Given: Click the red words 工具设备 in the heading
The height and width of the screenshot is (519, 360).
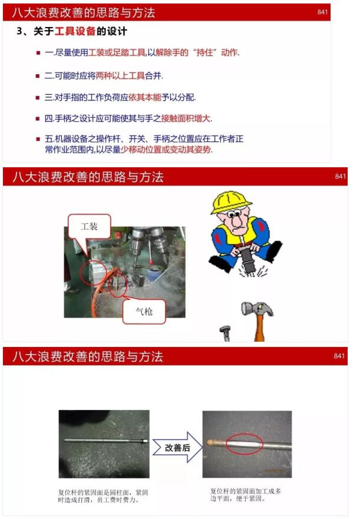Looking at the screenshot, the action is pyautogui.click(x=75, y=31).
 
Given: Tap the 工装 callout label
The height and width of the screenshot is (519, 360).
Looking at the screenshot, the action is pyautogui.click(x=89, y=227).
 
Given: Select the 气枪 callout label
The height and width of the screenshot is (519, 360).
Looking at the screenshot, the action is pyautogui.click(x=144, y=312).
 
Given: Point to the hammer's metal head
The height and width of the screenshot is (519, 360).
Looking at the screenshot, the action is pyautogui.click(x=257, y=309).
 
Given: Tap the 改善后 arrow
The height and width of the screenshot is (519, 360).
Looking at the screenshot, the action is pyautogui.click(x=177, y=447).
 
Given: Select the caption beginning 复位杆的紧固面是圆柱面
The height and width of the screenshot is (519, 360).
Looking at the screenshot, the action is pyautogui.click(x=103, y=496).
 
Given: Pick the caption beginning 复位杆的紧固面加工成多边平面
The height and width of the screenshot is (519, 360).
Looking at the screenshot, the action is pyautogui.click(x=246, y=494).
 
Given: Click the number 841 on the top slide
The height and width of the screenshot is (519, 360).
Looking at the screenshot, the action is pyautogui.click(x=322, y=12).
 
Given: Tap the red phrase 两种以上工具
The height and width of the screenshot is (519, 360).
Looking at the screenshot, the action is pyautogui.click(x=120, y=76).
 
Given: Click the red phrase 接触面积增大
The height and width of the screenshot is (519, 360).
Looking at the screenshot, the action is pyautogui.click(x=186, y=118).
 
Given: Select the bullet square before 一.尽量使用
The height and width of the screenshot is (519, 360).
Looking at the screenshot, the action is pyautogui.click(x=38, y=53).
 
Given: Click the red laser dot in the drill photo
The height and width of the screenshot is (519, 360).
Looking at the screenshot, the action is pyautogui.click(x=151, y=262).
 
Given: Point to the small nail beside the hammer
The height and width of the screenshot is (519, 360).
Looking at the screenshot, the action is pyautogui.click(x=225, y=333).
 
